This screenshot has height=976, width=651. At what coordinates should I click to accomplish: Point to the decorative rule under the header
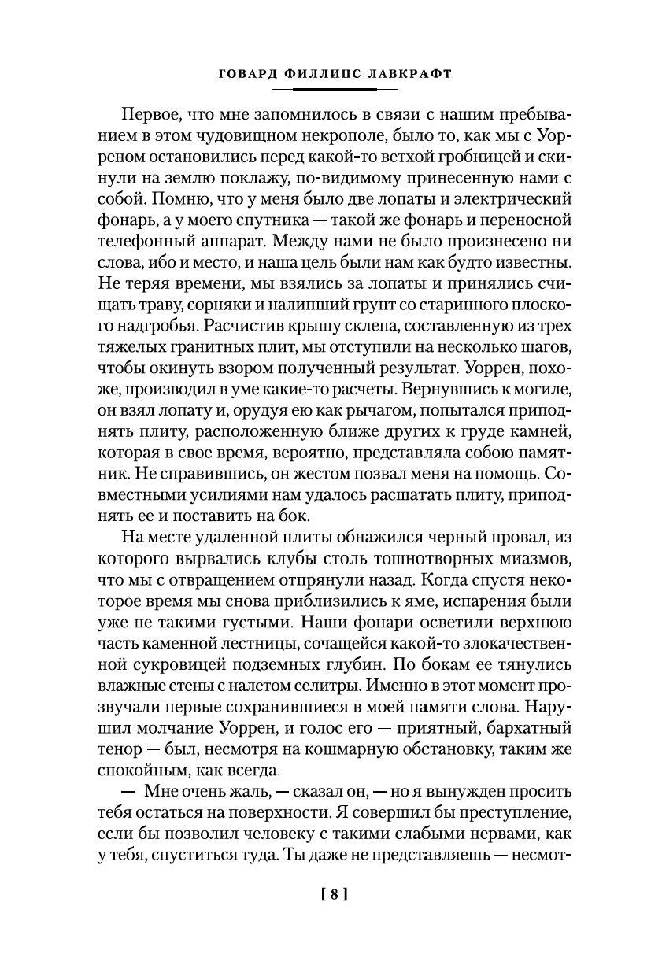pyautogui.click(x=324, y=90)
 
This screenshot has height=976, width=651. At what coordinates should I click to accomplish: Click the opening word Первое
pyautogui.click(x=152, y=112)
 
